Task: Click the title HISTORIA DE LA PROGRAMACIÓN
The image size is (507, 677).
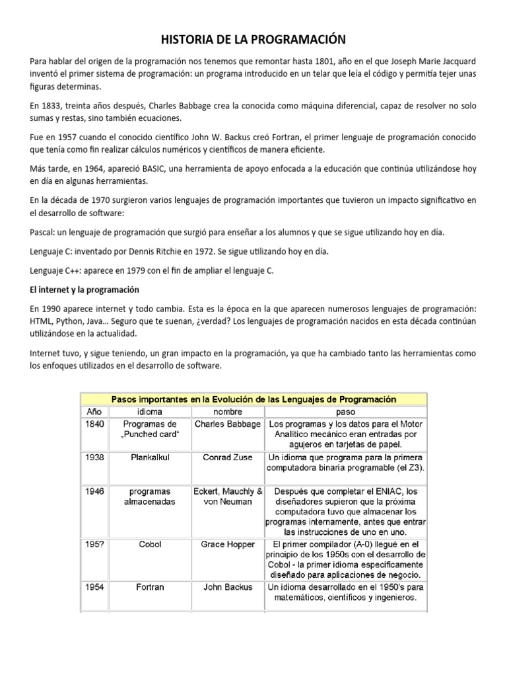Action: pyautogui.click(x=253, y=40)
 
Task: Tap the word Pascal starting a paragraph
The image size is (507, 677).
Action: pyautogui.click(x=43, y=232)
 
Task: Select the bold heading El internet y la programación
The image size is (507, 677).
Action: pyautogui.click(x=84, y=290)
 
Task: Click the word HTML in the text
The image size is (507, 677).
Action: pyautogui.click(x=41, y=321)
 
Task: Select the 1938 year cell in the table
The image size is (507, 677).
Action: pyautogui.click(x=95, y=457)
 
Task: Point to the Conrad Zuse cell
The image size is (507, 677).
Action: pyautogui.click(x=228, y=457)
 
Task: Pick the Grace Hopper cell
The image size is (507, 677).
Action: pyautogui.click(x=228, y=543)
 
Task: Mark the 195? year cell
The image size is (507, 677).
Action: pyautogui.click(x=95, y=543)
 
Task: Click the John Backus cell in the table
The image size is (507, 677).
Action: pyautogui.click(x=228, y=586)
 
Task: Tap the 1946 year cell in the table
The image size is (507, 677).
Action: pyautogui.click(x=95, y=491)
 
